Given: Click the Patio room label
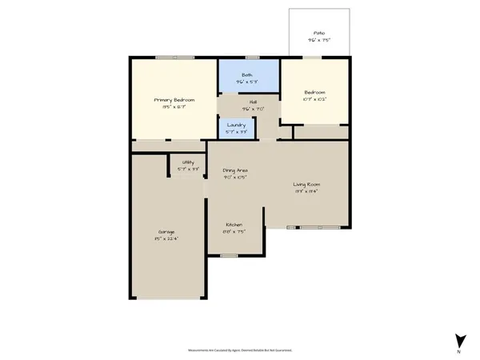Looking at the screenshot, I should coord(318,33).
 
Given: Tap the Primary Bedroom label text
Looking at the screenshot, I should coord(174,100).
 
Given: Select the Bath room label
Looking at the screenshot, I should coord(248,74).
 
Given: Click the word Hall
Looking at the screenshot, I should coord(253,102).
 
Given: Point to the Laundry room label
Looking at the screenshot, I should coord(236,125).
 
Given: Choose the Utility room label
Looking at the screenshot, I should coord(188,162).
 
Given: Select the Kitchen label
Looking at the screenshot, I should coord(234,225).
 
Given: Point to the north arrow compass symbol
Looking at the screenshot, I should coord(459,340).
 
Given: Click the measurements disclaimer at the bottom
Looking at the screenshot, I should coord(240,350).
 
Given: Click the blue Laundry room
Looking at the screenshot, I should coord(236,130).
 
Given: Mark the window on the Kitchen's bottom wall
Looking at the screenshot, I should coord(230,256).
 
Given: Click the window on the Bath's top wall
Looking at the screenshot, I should coord(253,57).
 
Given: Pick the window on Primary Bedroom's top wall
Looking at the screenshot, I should coord(174,57).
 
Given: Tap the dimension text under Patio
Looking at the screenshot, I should coord(318,40).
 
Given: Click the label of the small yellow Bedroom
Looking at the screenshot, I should coord(314,93).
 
